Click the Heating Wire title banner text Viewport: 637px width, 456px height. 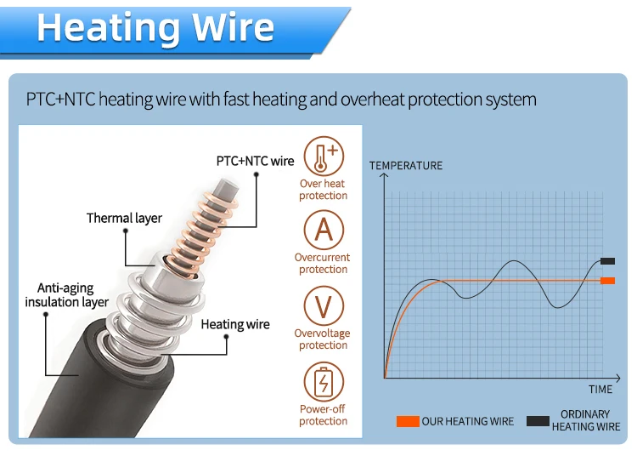pos(155,28)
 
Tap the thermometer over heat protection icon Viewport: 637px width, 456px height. pos(323,156)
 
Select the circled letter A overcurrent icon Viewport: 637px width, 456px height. pos(323,230)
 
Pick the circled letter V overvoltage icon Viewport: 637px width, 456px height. pos(323,305)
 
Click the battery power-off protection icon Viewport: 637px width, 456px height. pos(323,381)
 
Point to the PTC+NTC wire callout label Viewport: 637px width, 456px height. pos(255,161)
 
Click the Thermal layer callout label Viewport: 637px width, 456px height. pos(124,219)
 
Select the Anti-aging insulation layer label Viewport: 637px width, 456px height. pos(66,295)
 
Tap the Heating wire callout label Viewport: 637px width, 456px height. pos(235,324)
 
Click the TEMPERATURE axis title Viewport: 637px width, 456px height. pos(406,165)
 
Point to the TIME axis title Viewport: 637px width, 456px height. pos(600,390)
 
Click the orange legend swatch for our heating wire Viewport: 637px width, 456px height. pos(408,421)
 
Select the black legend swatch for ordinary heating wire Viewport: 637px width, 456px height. pos(537,421)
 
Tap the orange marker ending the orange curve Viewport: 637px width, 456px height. pos(606,281)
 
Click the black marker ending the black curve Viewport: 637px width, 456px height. pos(606,261)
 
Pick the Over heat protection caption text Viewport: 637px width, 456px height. pos(323,190)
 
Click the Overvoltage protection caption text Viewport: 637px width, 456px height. pos(323,339)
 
